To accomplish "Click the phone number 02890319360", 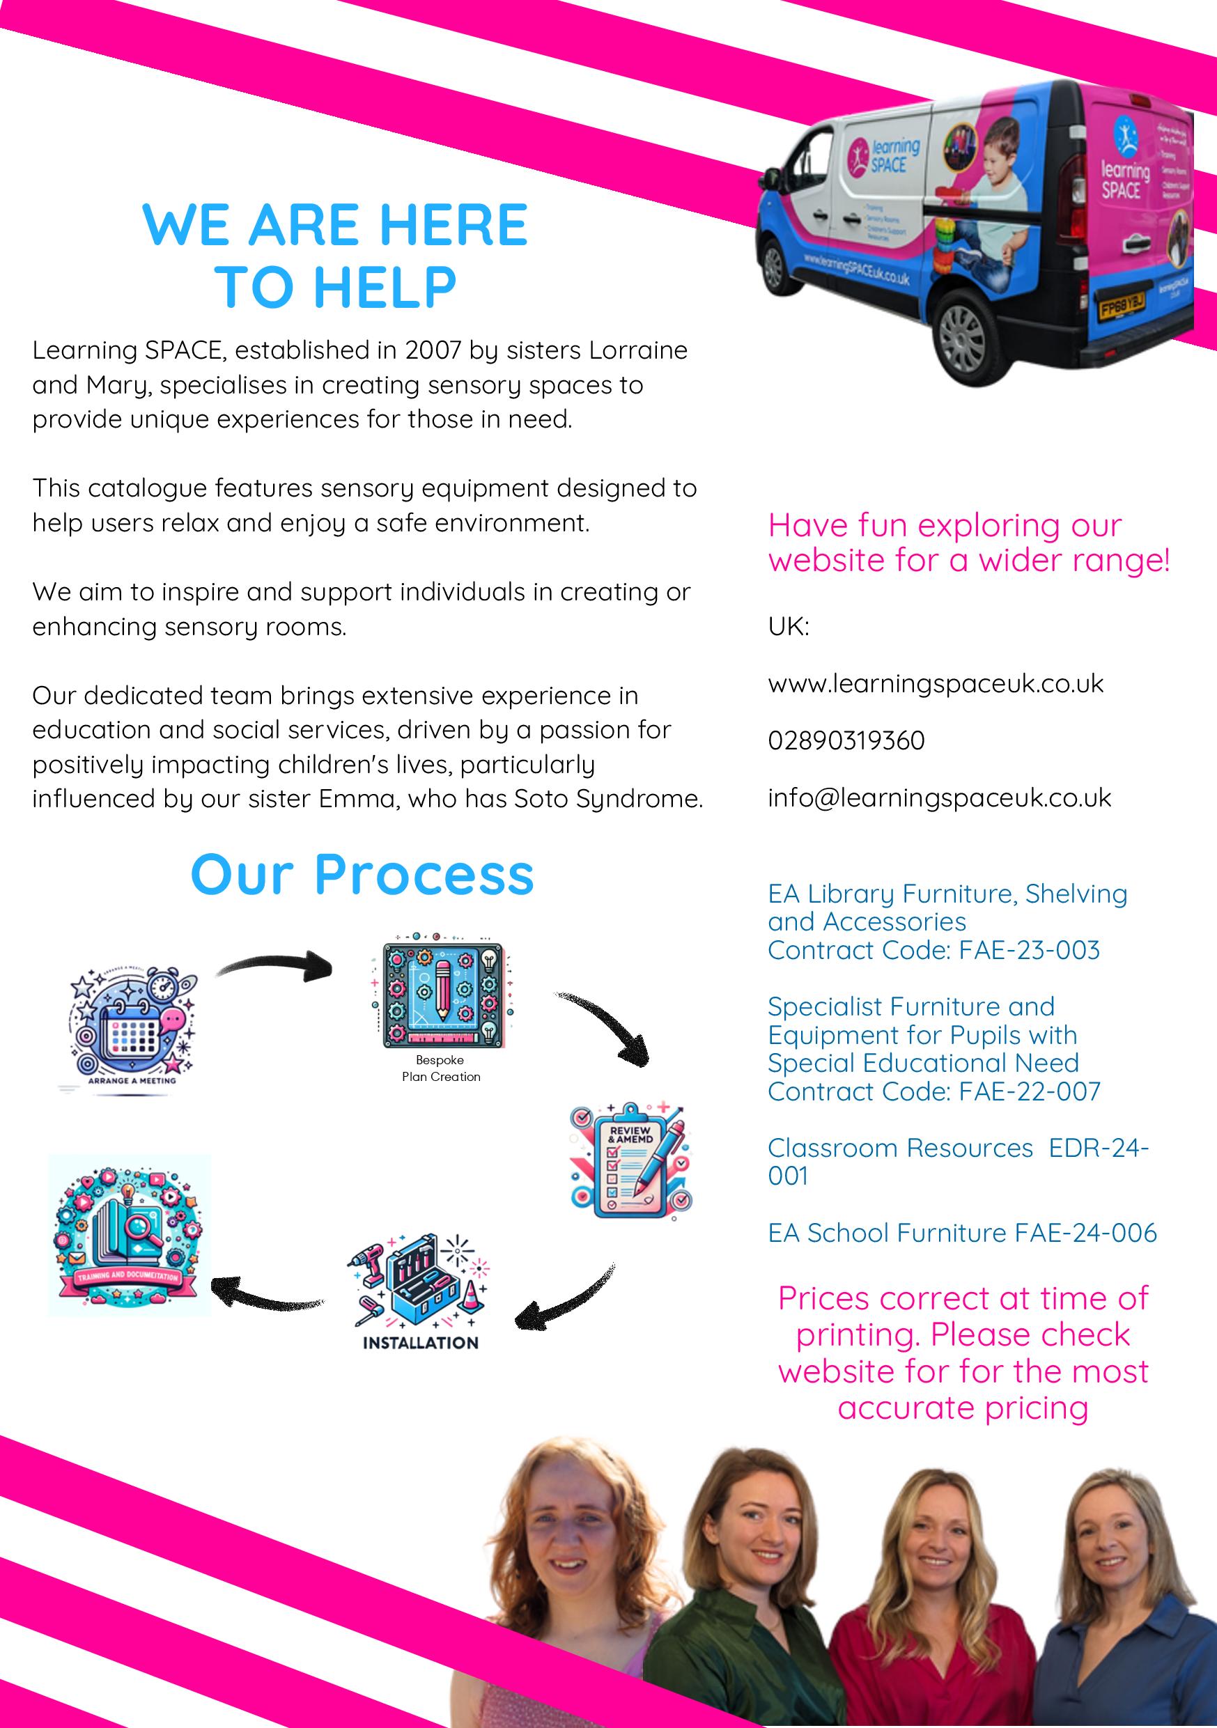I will pos(846,740).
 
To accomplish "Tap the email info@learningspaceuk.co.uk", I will pos(939,797).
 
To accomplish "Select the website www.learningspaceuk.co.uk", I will pos(936,683).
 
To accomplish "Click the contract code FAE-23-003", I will pos(1029,950).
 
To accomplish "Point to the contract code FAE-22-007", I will pos(1029,1091).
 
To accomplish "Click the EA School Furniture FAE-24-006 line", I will pos(962,1233).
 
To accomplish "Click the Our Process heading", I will pos(362,875).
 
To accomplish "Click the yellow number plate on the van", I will pos(1122,307).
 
